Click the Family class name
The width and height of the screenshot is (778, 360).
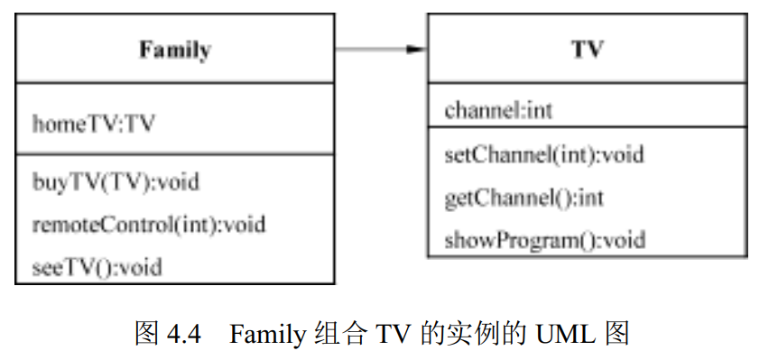[x=174, y=50]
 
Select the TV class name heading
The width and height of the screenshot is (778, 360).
[x=587, y=49]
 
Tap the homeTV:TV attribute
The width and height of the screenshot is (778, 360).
[x=93, y=124]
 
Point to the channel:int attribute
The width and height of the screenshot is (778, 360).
[x=498, y=111]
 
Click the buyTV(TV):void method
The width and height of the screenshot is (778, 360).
[x=116, y=182]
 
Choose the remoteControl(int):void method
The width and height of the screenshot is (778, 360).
[x=149, y=223]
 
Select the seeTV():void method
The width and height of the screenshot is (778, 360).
[x=97, y=266]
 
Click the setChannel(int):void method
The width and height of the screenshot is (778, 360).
[x=544, y=154]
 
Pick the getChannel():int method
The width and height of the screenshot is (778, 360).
[x=523, y=197]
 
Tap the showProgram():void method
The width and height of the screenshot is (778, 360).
[x=544, y=240]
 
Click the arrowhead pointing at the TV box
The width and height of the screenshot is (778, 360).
[x=416, y=49]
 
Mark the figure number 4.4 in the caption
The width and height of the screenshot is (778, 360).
[x=183, y=335]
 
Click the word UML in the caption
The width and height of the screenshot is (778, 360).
[x=566, y=335]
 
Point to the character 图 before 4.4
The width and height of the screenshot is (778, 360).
[x=147, y=335]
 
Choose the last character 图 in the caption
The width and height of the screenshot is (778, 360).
[x=616, y=335]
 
